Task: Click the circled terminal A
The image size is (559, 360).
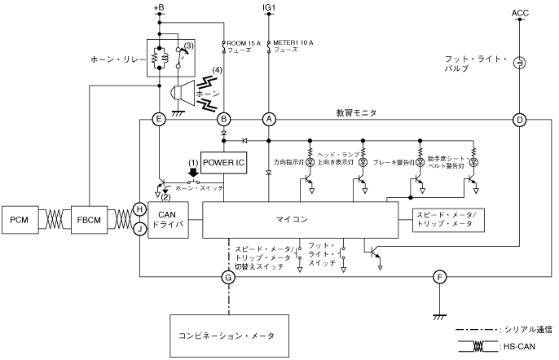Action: [x=268, y=119]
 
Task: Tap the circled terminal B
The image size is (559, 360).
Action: [x=223, y=119]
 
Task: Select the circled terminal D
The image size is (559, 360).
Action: [x=519, y=119]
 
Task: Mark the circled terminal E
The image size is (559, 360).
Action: [x=160, y=119]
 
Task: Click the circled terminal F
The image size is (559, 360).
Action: [x=439, y=277]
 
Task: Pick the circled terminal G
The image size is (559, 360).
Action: [x=228, y=277]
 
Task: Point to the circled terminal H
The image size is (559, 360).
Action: [x=139, y=209]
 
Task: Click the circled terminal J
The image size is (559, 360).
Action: [x=139, y=229]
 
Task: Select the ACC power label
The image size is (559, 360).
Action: [x=519, y=12]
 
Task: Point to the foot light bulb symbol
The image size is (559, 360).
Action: [x=519, y=62]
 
